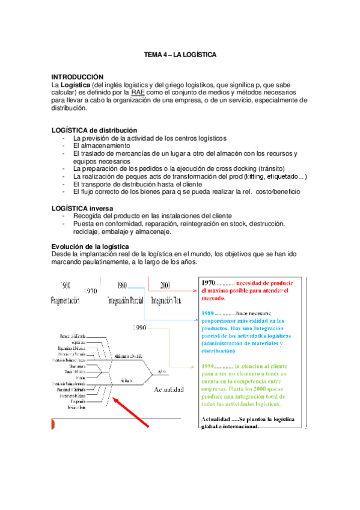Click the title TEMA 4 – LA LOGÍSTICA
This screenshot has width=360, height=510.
(180, 55)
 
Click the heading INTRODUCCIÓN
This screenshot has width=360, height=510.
(78, 78)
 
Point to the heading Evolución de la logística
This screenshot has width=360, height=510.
(90, 247)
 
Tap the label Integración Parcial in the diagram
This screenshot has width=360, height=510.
(128, 300)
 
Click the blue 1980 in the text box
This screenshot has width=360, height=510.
(209, 313)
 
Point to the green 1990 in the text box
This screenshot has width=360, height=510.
(209, 366)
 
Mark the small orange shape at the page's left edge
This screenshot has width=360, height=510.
(53, 426)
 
